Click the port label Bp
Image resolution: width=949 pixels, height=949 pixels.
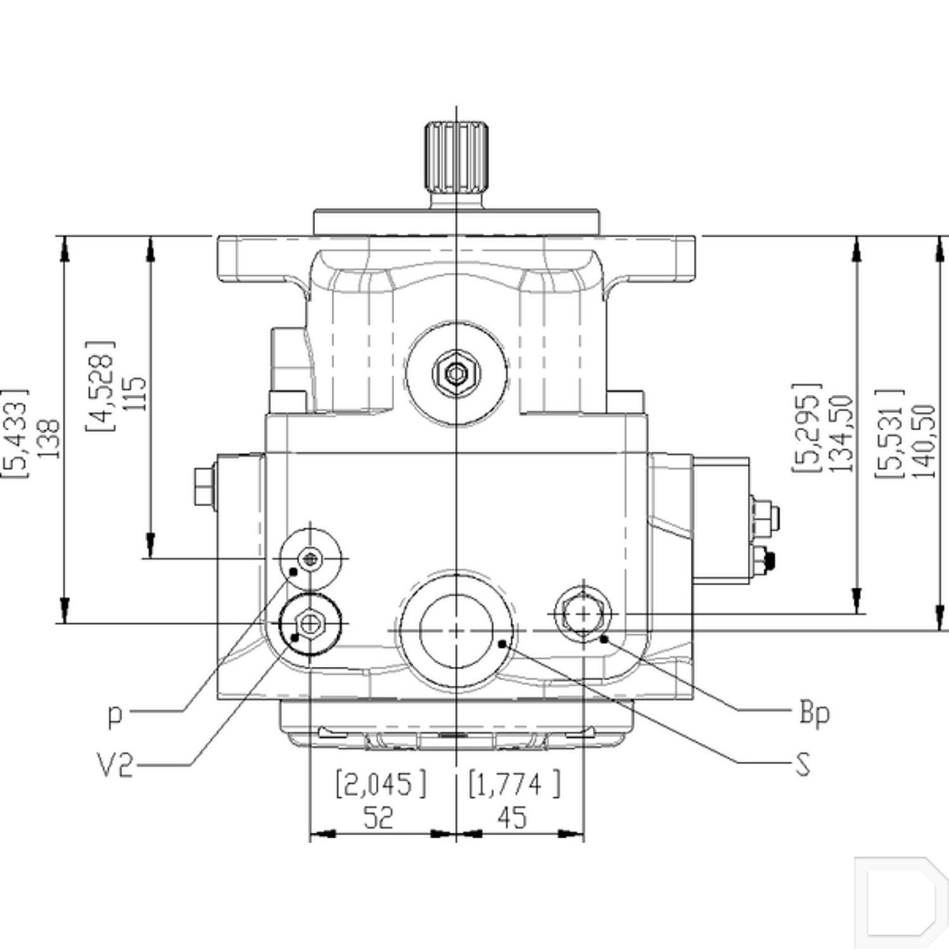(x=814, y=714)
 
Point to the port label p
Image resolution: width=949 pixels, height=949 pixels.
(x=115, y=716)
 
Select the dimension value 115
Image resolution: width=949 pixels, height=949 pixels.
(x=135, y=394)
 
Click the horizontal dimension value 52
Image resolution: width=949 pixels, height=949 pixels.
(x=378, y=817)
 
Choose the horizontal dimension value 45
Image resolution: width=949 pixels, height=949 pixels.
(x=512, y=817)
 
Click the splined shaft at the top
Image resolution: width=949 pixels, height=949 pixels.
(x=456, y=158)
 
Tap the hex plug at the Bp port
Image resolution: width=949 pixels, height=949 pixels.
(x=583, y=613)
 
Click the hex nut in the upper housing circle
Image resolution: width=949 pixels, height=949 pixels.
(x=456, y=373)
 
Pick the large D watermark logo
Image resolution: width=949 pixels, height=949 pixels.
(x=898, y=898)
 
